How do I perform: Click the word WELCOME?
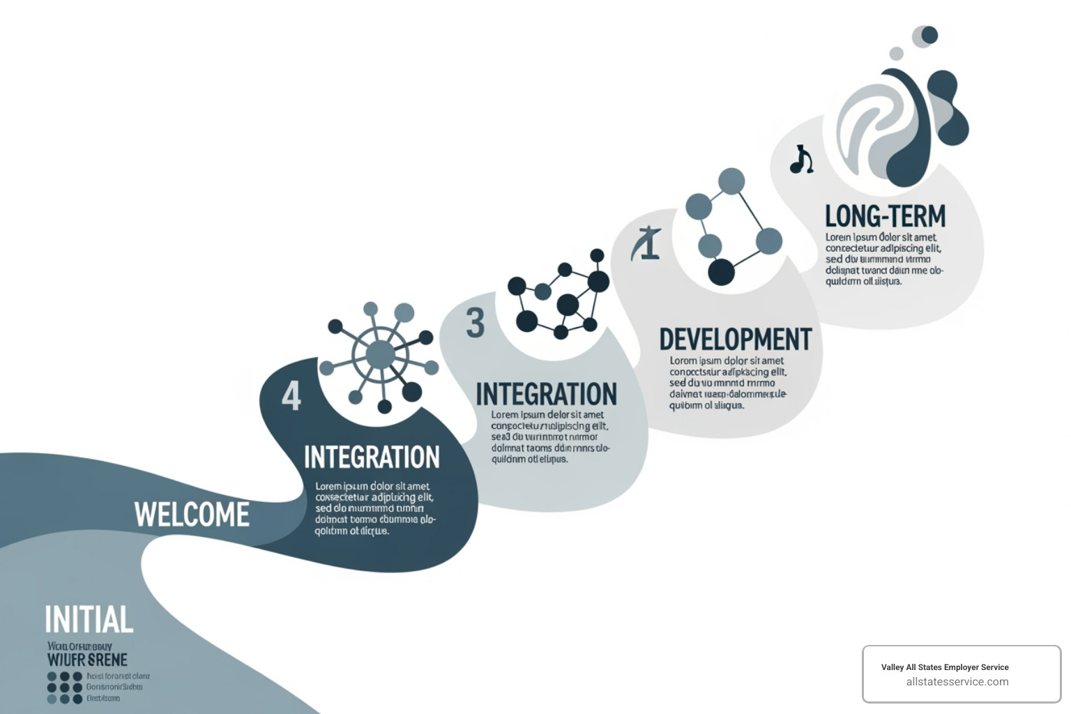[x=192, y=515]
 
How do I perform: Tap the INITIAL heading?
[x=89, y=620]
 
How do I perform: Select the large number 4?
[x=291, y=395]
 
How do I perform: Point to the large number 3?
[x=475, y=323]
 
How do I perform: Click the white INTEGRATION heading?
[x=372, y=457]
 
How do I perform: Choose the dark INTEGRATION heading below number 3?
[x=546, y=394]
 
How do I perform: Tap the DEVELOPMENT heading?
[x=736, y=340]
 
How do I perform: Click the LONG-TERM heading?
[x=885, y=216]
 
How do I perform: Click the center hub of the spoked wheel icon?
[x=380, y=354]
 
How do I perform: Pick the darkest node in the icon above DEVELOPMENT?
[x=721, y=272]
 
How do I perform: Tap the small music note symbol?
[x=801, y=160]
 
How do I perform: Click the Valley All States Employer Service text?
[x=945, y=667]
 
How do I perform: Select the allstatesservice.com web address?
[x=957, y=682]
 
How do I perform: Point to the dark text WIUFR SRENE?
[x=87, y=660]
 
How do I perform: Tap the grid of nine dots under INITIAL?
[x=65, y=688]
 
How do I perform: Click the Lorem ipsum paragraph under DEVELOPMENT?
[x=727, y=383]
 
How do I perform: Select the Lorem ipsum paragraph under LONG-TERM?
[x=884, y=259]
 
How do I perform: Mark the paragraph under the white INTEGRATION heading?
[x=374, y=508]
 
